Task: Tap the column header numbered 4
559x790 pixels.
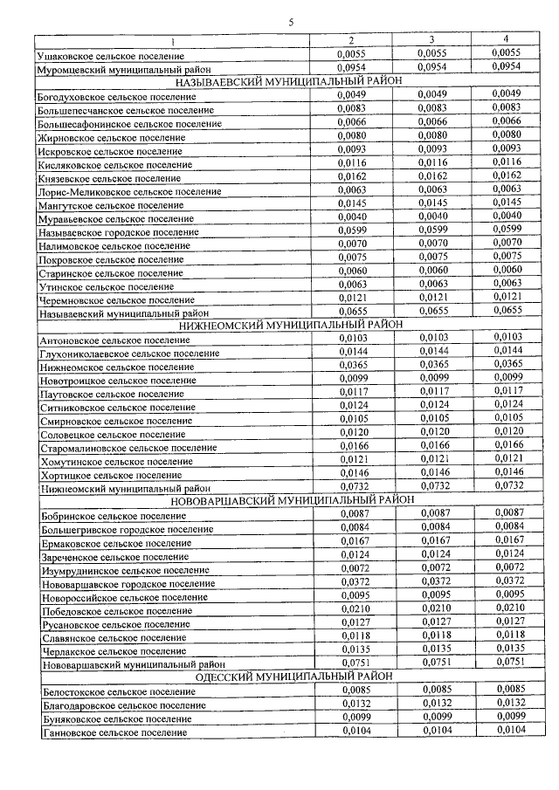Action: [x=506, y=39]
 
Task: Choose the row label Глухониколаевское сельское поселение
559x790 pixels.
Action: [x=128, y=353]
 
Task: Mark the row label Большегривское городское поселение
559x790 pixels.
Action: [x=126, y=529]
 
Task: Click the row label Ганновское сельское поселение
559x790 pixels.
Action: [x=114, y=732]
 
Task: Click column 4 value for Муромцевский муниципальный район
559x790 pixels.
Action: [x=506, y=66]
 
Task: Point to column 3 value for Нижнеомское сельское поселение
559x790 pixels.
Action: [x=431, y=365]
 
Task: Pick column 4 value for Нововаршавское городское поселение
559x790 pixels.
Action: [x=507, y=581]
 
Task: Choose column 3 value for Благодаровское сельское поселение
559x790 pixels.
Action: [x=433, y=704]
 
